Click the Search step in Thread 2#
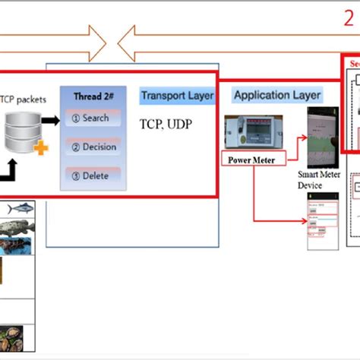(92, 118)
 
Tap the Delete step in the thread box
(92, 175)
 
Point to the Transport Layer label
(177, 96)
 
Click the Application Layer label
(276, 96)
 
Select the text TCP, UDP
(164, 123)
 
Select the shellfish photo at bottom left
(16, 336)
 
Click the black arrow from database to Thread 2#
(50, 119)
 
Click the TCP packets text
(24, 98)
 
